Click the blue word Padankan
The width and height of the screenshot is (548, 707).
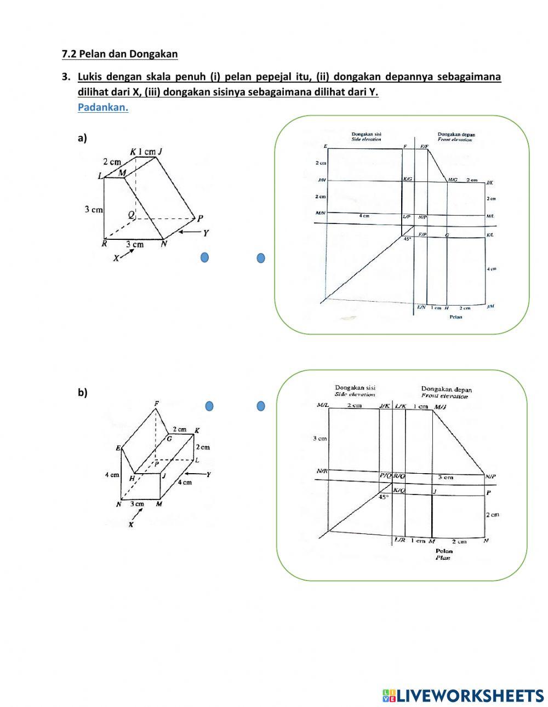[102, 107]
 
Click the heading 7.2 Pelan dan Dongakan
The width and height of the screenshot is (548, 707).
[119, 54]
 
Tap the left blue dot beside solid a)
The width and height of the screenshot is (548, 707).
[204, 257]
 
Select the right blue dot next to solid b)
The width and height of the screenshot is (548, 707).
[261, 406]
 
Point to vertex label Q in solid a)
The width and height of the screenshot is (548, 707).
[132, 215]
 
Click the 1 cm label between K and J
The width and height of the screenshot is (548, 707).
[146, 152]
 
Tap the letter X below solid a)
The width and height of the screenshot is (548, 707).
[116, 258]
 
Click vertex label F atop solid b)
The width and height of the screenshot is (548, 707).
[157, 404]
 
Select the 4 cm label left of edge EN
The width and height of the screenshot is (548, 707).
[112, 475]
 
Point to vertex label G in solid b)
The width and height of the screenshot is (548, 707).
[169, 438]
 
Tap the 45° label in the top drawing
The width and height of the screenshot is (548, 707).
[407, 239]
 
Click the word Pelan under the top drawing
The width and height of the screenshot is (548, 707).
[455, 317]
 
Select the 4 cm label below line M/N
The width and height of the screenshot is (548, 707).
[364, 216]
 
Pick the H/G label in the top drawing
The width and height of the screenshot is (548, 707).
[453, 180]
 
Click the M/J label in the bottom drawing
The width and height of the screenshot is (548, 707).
[440, 407]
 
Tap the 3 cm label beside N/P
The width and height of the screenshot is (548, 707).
[446, 477]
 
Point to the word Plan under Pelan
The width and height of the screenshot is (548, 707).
[443, 558]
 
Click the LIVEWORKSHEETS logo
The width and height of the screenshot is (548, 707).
[463, 695]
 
